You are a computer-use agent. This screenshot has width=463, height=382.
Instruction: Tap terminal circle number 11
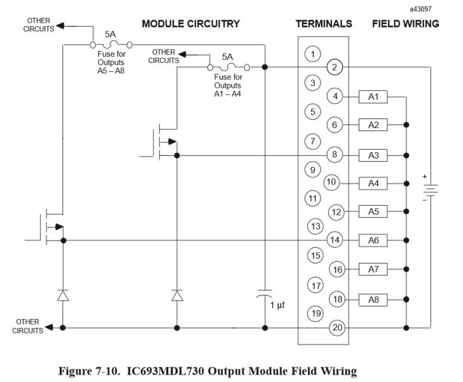point(312,198)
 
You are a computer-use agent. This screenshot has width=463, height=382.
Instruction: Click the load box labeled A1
point(373,97)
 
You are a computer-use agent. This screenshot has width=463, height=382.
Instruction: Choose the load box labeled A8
point(373,299)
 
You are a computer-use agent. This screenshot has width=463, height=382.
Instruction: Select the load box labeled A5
point(373,211)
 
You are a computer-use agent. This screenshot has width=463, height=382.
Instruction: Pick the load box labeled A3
point(373,155)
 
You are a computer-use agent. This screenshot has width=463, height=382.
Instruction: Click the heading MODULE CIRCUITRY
point(190,24)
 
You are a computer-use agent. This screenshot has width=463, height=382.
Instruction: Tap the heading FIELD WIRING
point(405,24)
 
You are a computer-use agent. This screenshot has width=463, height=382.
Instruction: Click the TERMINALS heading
point(324,24)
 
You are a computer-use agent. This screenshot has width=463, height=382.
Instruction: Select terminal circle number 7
point(312,140)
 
